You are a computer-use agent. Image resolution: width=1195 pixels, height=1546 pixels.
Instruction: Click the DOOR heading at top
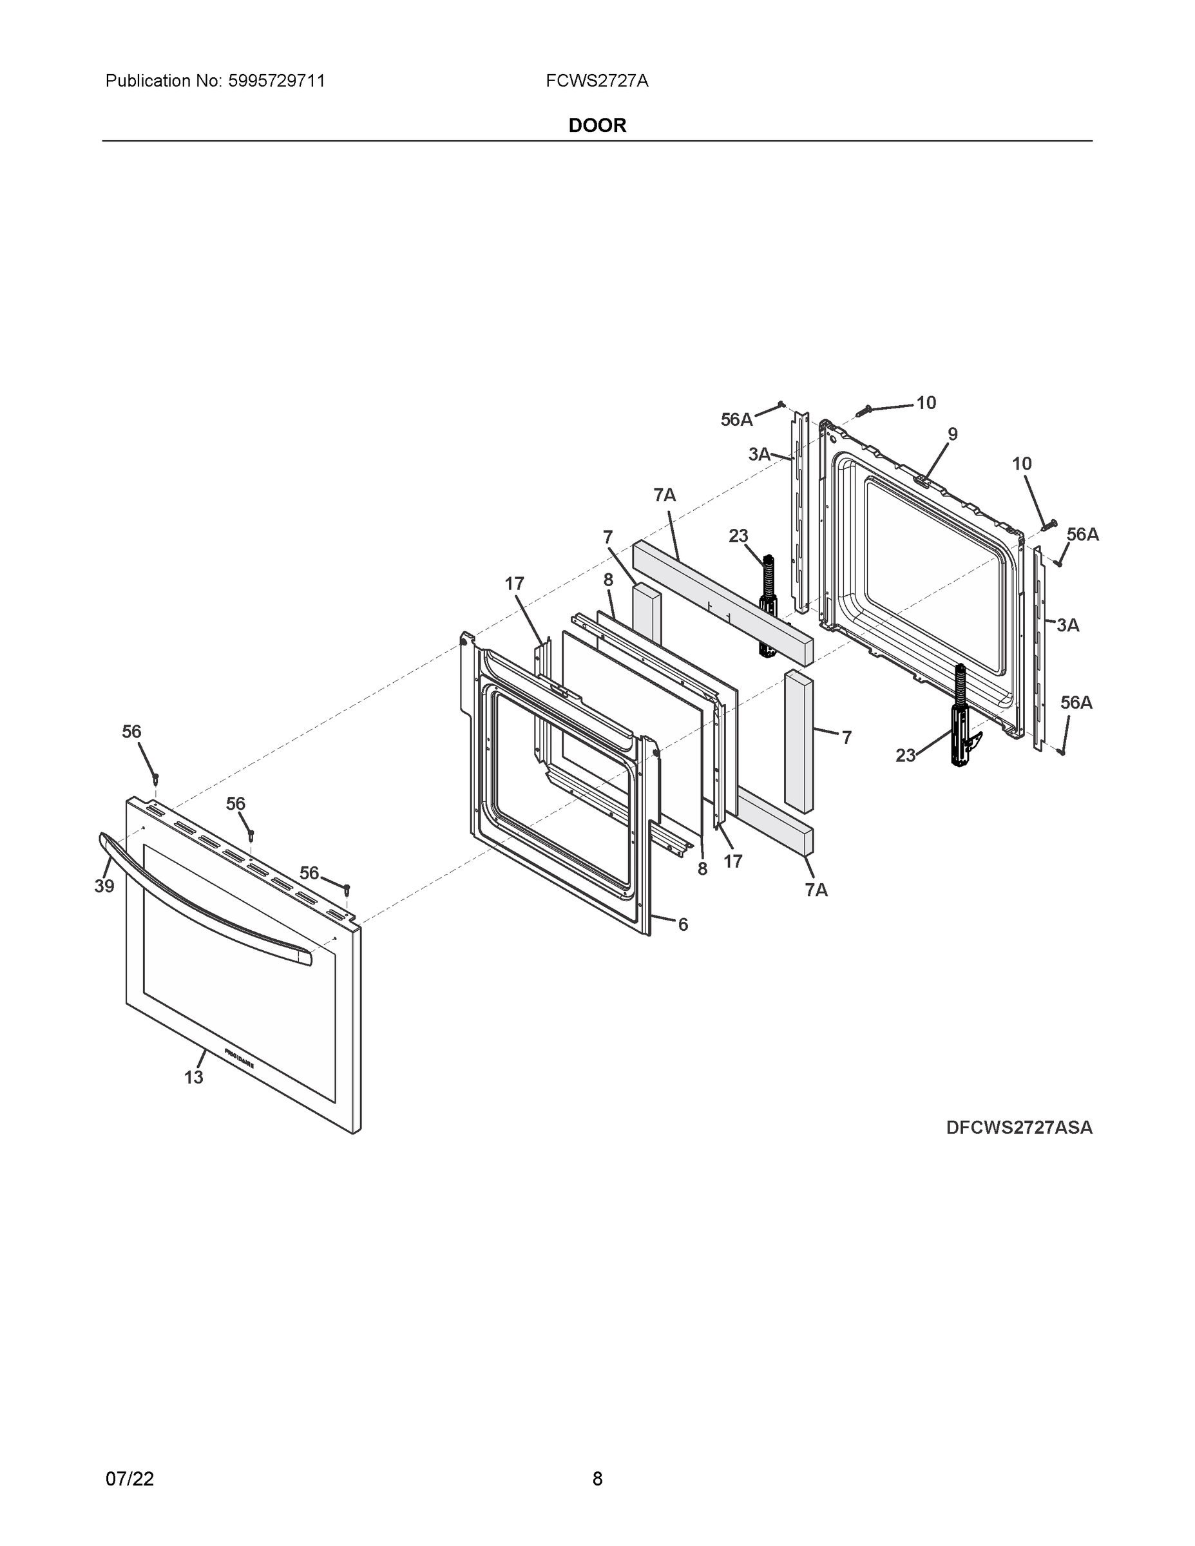point(597,126)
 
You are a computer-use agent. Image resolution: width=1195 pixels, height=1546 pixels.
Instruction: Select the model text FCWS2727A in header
point(597,81)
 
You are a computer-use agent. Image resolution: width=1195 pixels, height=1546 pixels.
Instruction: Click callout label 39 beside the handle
point(104,886)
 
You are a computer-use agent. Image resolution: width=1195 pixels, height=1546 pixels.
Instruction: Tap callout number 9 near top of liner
point(952,434)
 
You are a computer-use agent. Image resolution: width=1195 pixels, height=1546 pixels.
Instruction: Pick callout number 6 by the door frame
point(682,924)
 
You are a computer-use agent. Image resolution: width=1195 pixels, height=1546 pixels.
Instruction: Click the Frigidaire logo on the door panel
point(240,1058)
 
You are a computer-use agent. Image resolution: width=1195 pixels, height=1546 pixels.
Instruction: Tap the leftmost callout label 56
point(131,731)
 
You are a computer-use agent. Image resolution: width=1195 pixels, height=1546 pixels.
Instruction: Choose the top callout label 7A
point(664,495)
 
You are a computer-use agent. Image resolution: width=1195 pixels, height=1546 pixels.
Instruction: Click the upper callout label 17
point(514,583)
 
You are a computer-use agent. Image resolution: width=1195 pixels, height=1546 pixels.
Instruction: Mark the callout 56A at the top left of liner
point(736,420)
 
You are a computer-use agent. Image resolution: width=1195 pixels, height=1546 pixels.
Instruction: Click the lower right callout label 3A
point(1067,625)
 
